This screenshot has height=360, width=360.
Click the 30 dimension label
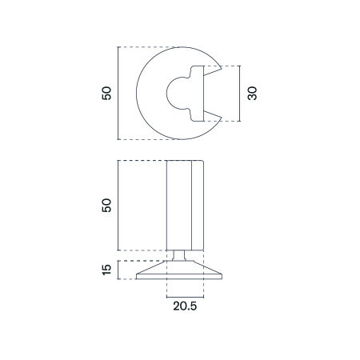point(252,94)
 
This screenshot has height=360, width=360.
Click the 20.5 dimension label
point(185,306)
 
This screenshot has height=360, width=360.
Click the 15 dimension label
point(106,270)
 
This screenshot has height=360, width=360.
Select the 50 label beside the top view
point(106,93)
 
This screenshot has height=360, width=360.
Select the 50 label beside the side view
point(106,206)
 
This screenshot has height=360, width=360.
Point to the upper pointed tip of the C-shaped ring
point(221,69)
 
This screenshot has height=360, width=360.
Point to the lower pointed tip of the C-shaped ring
point(221,118)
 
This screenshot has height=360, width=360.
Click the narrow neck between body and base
point(178,255)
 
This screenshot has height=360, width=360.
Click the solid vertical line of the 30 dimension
point(240,94)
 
